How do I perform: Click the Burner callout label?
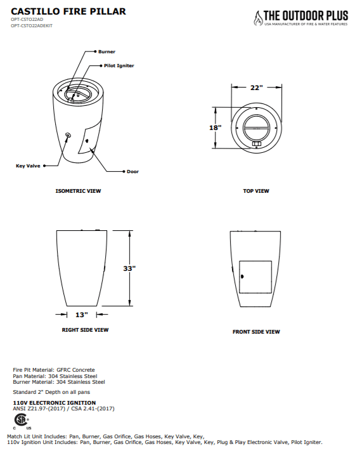(x=106, y=52)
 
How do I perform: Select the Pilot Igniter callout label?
(x=119, y=66)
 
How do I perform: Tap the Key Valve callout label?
(x=28, y=166)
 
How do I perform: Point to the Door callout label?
(x=132, y=172)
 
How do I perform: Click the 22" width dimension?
(x=257, y=88)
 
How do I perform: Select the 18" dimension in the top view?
(x=215, y=127)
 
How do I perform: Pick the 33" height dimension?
(x=129, y=268)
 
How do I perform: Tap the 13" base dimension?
(x=82, y=315)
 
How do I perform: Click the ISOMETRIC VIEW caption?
(x=78, y=191)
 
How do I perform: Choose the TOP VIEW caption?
(x=256, y=191)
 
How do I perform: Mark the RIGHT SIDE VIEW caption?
(x=86, y=330)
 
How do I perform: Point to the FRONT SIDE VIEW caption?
(x=256, y=332)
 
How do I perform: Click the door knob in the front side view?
(x=242, y=277)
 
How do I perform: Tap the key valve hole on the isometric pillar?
(x=68, y=135)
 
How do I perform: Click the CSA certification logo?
(x=22, y=420)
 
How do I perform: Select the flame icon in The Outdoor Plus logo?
(x=258, y=18)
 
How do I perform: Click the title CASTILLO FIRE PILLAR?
(x=68, y=11)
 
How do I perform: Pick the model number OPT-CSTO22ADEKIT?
(x=32, y=25)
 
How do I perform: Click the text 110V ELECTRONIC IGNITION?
(x=55, y=403)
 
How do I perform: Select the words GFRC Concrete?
(x=75, y=370)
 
